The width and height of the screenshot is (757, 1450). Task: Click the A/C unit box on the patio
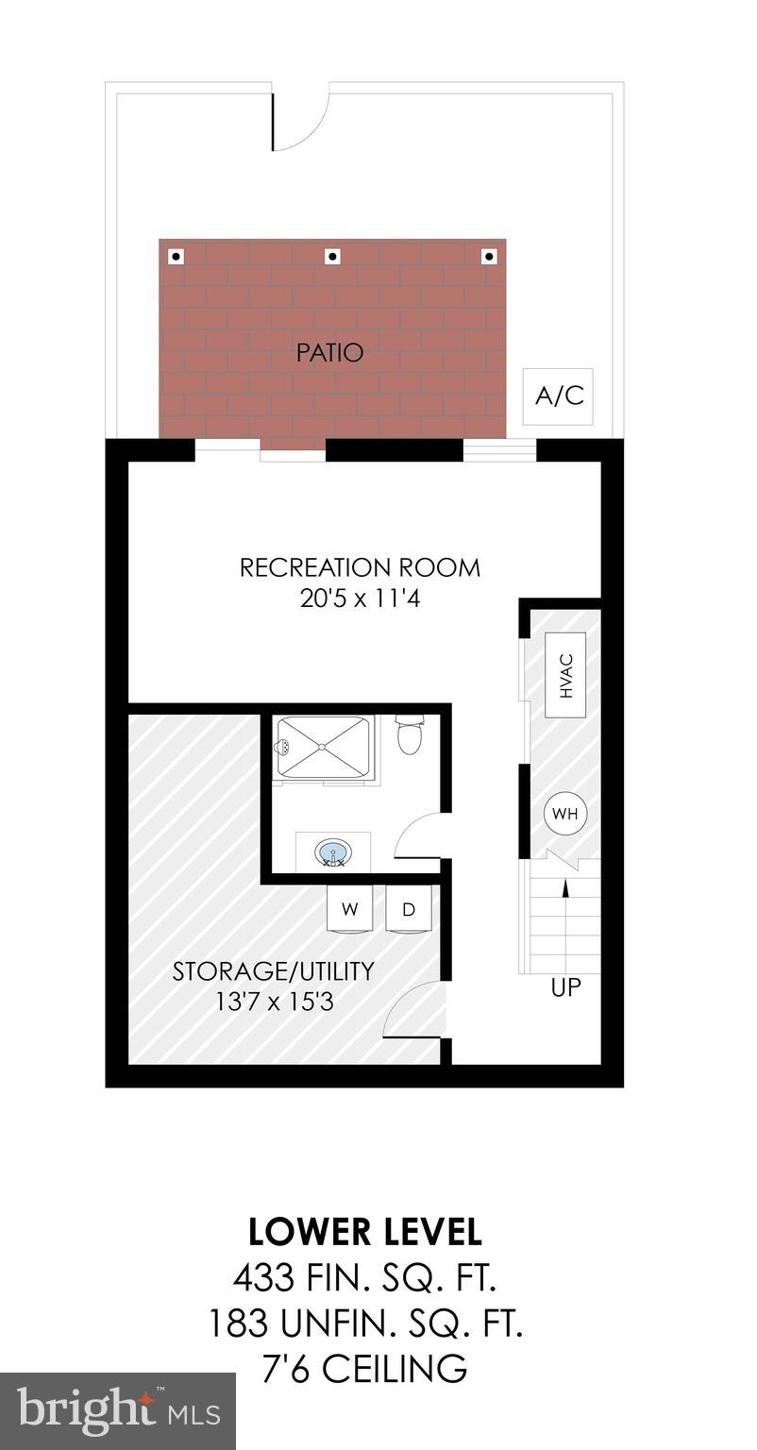tap(559, 396)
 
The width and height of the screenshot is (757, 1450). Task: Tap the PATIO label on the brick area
tap(329, 353)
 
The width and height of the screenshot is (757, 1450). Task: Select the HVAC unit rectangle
tap(566, 678)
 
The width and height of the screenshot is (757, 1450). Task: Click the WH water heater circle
tap(565, 813)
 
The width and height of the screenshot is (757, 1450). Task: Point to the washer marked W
tap(350, 909)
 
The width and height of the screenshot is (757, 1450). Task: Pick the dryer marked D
tap(409, 909)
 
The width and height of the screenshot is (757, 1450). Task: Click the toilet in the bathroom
tap(411, 735)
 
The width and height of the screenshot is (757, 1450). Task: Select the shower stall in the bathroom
tap(323, 747)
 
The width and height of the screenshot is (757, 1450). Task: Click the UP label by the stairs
tap(566, 988)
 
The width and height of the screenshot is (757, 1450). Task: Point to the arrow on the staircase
tap(565, 887)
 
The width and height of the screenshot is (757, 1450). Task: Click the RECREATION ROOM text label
tap(360, 567)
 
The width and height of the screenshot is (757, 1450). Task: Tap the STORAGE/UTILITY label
tap(273, 970)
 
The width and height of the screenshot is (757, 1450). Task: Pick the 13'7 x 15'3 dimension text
tap(275, 1001)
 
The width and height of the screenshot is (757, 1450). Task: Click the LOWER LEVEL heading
tap(364, 1232)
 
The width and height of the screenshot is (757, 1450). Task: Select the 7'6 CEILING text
tap(364, 1368)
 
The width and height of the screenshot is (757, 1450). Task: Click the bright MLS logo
tap(118, 1411)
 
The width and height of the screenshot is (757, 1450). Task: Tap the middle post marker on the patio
tap(332, 256)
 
